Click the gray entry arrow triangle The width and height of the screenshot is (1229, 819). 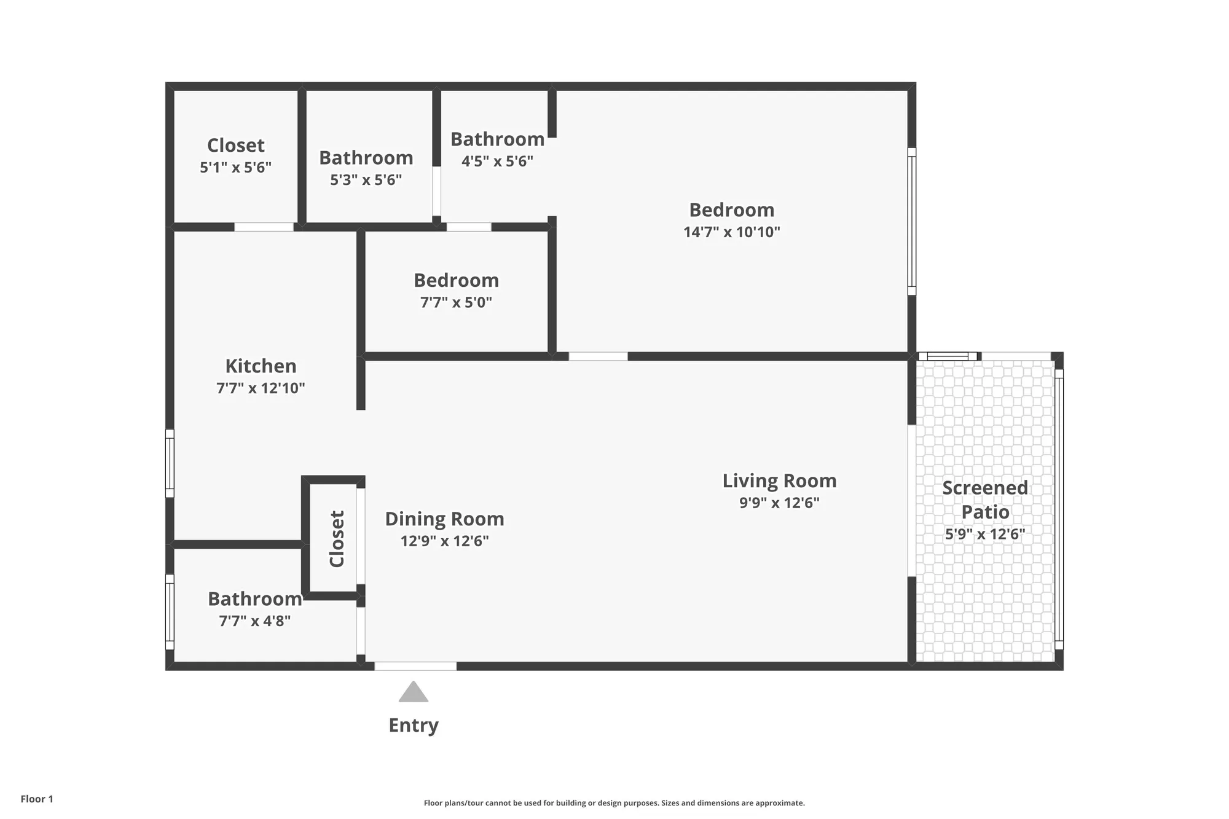(x=413, y=693)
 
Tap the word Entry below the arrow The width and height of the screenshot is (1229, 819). (x=413, y=725)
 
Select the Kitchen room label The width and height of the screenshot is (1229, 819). (x=261, y=366)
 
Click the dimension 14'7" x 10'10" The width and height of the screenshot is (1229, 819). (x=731, y=232)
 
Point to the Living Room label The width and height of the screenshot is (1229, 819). (x=779, y=480)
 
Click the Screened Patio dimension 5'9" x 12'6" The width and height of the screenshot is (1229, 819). (x=984, y=534)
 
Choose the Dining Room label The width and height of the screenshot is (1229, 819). (x=444, y=519)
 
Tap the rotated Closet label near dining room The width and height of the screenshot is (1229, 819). (x=337, y=539)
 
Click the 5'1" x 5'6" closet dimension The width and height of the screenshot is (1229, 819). (x=235, y=167)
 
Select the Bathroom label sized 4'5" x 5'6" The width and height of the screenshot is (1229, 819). (x=497, y=139)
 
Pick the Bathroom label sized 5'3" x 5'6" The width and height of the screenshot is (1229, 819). (x=366, y=158)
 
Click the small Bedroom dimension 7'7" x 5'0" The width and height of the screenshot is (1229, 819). (x=456, y=302)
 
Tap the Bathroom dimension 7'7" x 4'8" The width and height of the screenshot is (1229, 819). (x=254, y=621)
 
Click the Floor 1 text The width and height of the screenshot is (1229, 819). (x=37, y=799)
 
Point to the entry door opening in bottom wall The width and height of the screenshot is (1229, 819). (x=415, y=666)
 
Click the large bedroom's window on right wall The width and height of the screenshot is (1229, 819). (x=911, y=221)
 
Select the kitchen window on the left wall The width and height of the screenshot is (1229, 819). (x=170, y=463)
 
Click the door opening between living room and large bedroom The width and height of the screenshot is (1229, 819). (x=598, y=356)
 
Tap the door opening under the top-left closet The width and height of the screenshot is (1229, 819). (x=264, y=227)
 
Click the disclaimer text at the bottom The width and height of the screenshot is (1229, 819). (x=614, y=803)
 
